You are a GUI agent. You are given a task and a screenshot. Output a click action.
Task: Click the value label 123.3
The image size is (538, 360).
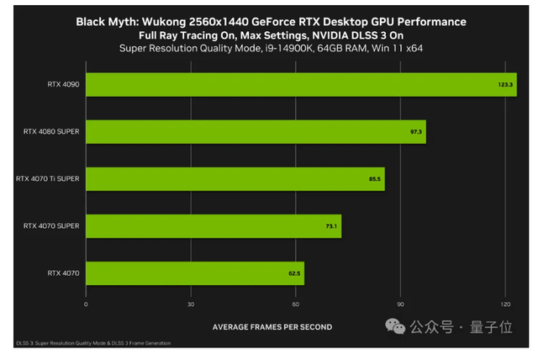point(505,85)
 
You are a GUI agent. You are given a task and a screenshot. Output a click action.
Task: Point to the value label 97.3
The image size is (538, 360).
point(417,132)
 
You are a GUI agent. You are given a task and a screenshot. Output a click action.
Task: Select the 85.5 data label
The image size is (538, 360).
point(375,179)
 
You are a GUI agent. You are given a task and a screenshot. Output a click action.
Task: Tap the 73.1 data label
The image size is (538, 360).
point(331,226)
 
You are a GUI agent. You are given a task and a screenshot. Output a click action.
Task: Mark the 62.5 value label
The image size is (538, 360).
point(294,273)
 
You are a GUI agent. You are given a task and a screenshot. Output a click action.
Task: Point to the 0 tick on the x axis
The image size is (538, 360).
point(86,304)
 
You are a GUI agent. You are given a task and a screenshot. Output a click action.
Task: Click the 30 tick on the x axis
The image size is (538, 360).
point(191,304)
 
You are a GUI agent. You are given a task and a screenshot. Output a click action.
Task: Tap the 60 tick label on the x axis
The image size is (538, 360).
point(296,304)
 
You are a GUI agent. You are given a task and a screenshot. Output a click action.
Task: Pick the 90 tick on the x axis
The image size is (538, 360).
point(401,304)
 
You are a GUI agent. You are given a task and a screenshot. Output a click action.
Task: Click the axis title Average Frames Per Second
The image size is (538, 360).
point(272,326)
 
